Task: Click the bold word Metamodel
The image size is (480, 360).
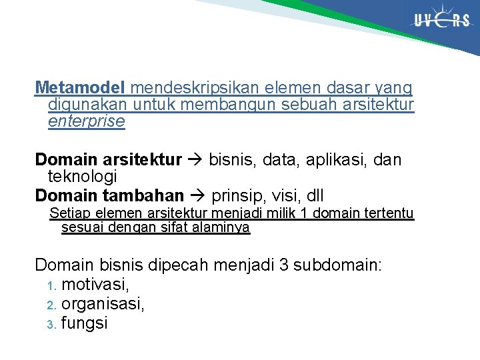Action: [x=80, y=87]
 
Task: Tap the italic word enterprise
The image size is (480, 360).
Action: [x=86, y=121]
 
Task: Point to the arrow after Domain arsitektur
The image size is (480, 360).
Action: [x=195, y=160]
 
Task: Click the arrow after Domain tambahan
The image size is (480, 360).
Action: [x=197, y=196]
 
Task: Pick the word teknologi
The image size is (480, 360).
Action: [x=82, y=177]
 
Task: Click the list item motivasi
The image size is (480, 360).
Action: [x=95, y=285]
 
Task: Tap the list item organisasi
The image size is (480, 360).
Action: [x=103, y=304]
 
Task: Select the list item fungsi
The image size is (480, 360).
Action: [x=84, y=323]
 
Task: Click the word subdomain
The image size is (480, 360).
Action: [x=336, y=265]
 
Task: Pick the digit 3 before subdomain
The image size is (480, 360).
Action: [x=283, y=265]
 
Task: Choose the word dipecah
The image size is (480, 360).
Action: [x=178, y=265]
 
